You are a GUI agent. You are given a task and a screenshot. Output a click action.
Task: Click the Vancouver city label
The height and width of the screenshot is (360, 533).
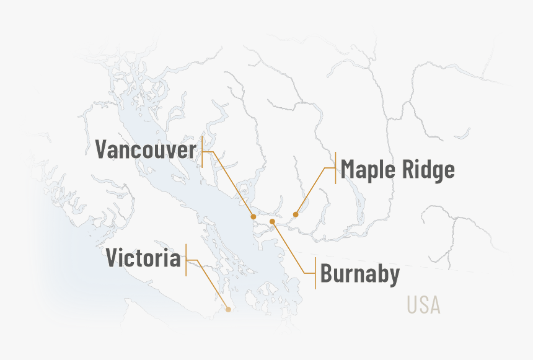pos(146,150)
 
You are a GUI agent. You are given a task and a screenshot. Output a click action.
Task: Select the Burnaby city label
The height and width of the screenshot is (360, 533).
pos(359,273)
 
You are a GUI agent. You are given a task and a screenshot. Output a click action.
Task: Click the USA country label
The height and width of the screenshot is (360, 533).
pos(423,305)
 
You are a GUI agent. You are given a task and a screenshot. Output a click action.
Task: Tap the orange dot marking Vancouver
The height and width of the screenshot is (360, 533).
pos(253,217)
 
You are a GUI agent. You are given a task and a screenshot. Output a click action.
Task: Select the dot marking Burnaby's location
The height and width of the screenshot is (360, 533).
pos(272,221)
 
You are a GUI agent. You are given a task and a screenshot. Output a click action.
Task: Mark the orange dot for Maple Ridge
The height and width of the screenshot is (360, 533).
pos(296,215)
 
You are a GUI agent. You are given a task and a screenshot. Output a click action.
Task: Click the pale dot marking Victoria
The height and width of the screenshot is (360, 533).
pos(228,309)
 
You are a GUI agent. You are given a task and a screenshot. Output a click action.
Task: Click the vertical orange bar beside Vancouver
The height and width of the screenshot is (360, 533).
pos(202,151)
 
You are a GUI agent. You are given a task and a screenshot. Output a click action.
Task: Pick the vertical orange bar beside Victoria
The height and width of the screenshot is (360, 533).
pos(186,260)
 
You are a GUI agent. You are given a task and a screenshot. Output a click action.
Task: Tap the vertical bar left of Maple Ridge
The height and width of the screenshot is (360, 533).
pos(335,167)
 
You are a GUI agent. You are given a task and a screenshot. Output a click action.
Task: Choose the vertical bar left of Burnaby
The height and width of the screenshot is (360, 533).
pos(315,273)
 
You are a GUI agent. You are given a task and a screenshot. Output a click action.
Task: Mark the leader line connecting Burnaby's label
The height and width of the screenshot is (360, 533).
pos(289,248)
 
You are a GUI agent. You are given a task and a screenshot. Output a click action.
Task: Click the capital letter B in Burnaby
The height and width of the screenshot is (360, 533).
pos(327,273)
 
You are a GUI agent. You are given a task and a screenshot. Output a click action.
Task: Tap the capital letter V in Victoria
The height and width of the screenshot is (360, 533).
pos(113,258)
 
